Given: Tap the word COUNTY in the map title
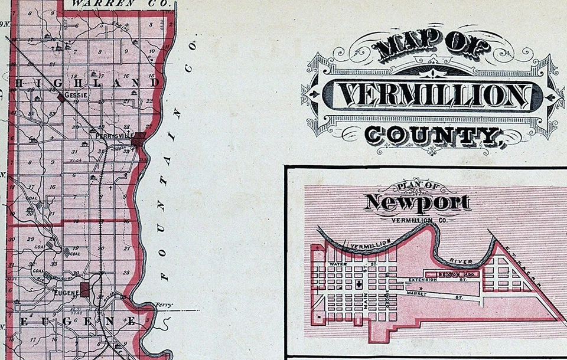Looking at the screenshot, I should pyautogui.click(x=430, y=136).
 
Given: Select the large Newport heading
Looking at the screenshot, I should pyautogui.click(x=418, y=202).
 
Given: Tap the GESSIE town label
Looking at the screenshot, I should pyautogui.click(x=77, y=94).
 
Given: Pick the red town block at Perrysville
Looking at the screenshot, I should pyautogui.click(x=138, y=140).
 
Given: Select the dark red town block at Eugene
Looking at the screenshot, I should pyautogui.click(x=84, y=289).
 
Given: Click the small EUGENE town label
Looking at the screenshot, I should pyautogui.click(x=63, y=292).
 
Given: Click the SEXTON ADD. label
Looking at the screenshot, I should pyautogui.click(x=458, y=274).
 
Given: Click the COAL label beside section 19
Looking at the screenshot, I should pyautogui.click(x=76, y=254).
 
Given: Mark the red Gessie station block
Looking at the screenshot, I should pyautogui.click(x=61, y=97).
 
